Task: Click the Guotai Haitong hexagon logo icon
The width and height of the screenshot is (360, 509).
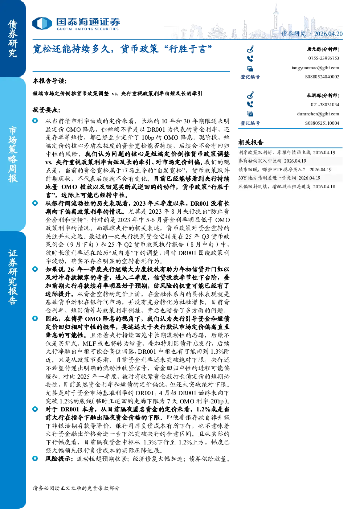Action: pyautogui.click(x=42, y=24)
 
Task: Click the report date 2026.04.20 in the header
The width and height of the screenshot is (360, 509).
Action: pyautogui.click(x=328, y=34)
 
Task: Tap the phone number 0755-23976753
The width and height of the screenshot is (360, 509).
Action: pyautogui.click(x=324, y=58)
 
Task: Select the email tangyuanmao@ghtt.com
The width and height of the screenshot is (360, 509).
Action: pyautogui.click(x=315, y=68)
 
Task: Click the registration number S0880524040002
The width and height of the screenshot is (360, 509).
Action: pyautogui.click(x=322, y=77)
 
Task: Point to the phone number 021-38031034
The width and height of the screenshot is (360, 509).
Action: pyautogui.click(x=325, y=105)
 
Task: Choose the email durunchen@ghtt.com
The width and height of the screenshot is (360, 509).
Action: pyautogui.click(x=318, y=114)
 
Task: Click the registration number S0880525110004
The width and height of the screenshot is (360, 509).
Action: pyautogui.click(x=322, y=123)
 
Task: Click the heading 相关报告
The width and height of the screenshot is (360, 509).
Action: pyautogui.click(x=251, y=143)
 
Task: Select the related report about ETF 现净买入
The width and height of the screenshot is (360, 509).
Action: pyautogui.click(x=285, y=169)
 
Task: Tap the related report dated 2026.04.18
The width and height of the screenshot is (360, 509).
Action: pyautogui.click(x=287, y=186)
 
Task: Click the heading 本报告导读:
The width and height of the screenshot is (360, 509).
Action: pyautogui.click(x=50, y=81)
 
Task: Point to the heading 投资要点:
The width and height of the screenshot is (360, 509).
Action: pyautogui.click(x=46, y=110)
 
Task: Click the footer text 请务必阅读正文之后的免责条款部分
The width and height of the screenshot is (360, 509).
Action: pyautogui.click(x=76, y=488)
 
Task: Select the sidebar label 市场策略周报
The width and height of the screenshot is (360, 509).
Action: pyautogui.click(x=13, y=154)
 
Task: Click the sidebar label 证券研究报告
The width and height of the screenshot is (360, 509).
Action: pyautogui.click(x=13, y=277)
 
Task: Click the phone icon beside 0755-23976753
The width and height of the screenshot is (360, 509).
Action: pyautogui.click(x=250, y=59)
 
